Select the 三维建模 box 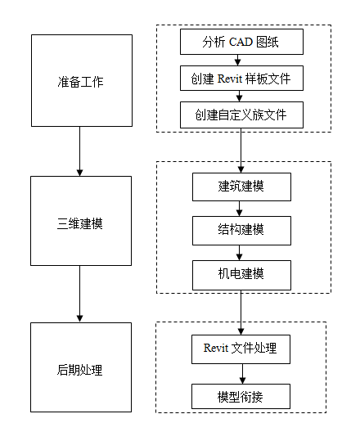point(81,221)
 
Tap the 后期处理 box point(81,367)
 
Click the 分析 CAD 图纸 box point(241,42)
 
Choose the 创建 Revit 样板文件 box point(241,79)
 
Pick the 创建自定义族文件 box point(241,115)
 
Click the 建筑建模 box point(241,186)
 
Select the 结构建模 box point(241,229)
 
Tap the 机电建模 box point(241,272)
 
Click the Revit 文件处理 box point(241,349)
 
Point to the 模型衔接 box point(241,396)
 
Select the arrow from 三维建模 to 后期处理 point(79,294)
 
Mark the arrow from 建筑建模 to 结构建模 point(241,208)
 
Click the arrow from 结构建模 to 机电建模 point(241,251)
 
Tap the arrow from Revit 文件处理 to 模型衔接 point(241,373)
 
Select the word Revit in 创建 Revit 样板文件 point(232,79)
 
